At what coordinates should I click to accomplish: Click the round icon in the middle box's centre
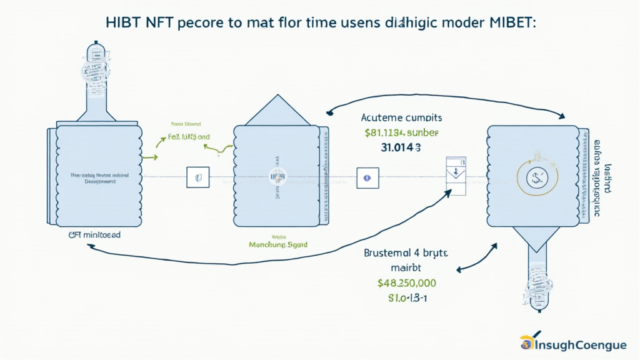pyautogui.click(x=276, y=177)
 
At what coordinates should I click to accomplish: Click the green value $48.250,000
pyautogui.click(x=407, y=282)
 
